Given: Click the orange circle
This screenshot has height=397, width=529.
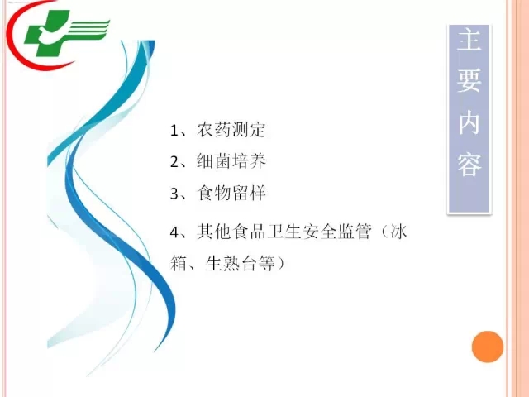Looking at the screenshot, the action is coord(488,347).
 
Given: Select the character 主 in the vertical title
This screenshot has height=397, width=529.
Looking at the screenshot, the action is coord(469,40).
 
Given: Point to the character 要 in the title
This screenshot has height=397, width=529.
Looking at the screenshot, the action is coord(469,81).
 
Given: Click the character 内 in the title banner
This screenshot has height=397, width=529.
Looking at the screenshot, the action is coord(469,123).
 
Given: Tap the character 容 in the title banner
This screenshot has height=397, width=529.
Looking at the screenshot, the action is coord(469,165).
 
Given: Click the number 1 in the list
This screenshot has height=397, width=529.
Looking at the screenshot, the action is coord(174,131).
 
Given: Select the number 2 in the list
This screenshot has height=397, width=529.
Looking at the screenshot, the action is coord(174,162).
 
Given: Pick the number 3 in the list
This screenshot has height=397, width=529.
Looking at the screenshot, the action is coord(174,194).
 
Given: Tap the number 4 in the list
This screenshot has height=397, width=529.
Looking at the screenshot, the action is coord(174,232).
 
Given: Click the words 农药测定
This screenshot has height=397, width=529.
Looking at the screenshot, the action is coord(231,130).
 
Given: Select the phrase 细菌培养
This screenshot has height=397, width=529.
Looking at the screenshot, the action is coord(231,161).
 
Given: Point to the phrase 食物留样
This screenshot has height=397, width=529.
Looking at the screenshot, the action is coord(231,193).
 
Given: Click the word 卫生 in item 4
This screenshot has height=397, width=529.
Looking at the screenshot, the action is coord(284,232).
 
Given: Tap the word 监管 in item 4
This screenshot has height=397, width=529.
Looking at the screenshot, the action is coord(355,232).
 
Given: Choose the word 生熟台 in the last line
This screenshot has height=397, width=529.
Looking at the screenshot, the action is coord(231,263).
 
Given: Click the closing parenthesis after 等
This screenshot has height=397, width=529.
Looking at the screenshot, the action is coord(281,263).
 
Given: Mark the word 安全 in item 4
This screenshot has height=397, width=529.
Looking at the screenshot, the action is coord(319,232).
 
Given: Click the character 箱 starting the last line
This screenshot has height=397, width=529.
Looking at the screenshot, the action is coord(179,263).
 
